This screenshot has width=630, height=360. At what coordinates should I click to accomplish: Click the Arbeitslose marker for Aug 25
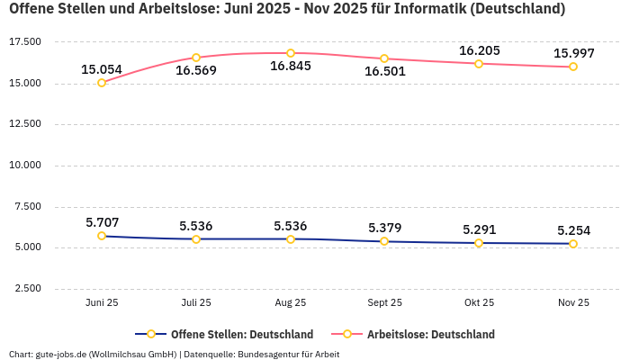click(291, 53)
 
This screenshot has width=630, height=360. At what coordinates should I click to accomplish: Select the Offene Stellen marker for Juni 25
click(102, 236)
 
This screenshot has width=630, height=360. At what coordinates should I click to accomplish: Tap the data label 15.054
click(102, 69)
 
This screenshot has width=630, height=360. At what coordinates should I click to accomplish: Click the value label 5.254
click(573, 230)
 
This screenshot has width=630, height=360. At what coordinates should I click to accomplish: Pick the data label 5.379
click(384, 228)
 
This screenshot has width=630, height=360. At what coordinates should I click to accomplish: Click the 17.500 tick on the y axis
click(24, 42)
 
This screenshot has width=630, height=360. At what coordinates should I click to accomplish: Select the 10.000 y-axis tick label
click(24, 166)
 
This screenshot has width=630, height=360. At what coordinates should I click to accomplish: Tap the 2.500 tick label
click(27, 289)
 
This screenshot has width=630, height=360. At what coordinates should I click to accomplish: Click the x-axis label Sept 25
click(384, 302)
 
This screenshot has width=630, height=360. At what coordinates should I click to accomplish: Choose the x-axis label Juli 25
click(196, 302)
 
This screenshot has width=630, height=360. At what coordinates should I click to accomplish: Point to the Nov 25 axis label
click(573, 302)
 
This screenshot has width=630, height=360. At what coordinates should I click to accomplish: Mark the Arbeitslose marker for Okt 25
click(479, 64)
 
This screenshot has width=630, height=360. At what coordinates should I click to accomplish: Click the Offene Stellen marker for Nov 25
click(573, 244)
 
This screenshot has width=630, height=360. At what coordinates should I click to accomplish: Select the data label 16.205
click(479, 50)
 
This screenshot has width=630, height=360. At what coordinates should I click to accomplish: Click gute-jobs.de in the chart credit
click(59, 354)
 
